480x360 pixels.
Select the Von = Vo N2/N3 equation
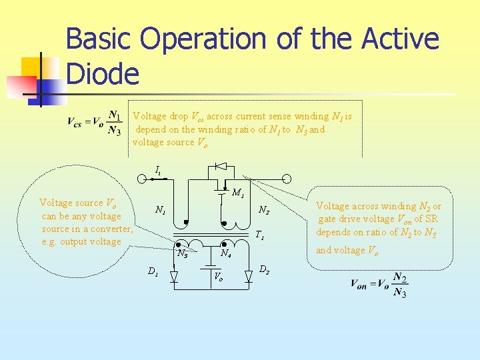point(379,285)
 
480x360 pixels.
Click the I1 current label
point(158,171)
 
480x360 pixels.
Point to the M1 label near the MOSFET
point(238,194)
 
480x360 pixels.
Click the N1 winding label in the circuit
point(160,210)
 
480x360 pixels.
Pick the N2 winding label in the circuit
point(264,211)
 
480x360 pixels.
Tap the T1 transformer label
point(260,235)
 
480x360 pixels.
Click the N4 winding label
point(226,254)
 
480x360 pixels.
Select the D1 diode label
point(153,271)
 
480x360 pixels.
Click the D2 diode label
point(264,269)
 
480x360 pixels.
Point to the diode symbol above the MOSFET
point(221,165)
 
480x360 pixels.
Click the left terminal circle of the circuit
point(142,179)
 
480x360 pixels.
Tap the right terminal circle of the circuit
point(287,179)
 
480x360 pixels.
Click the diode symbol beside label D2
point(248,276)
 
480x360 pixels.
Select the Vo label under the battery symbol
point(218,276)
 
